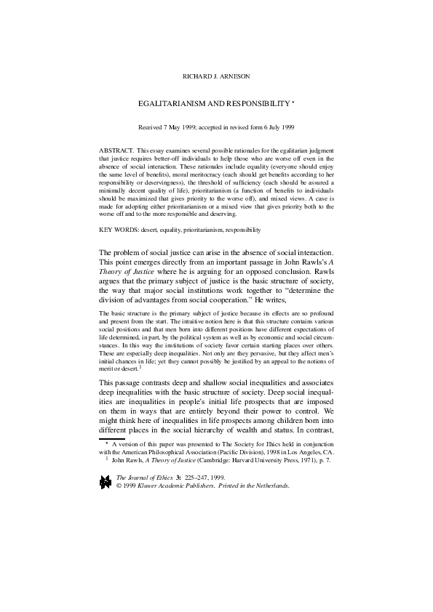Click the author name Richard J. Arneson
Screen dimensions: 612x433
point(216,76)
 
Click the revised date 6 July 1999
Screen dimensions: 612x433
point(277,126)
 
